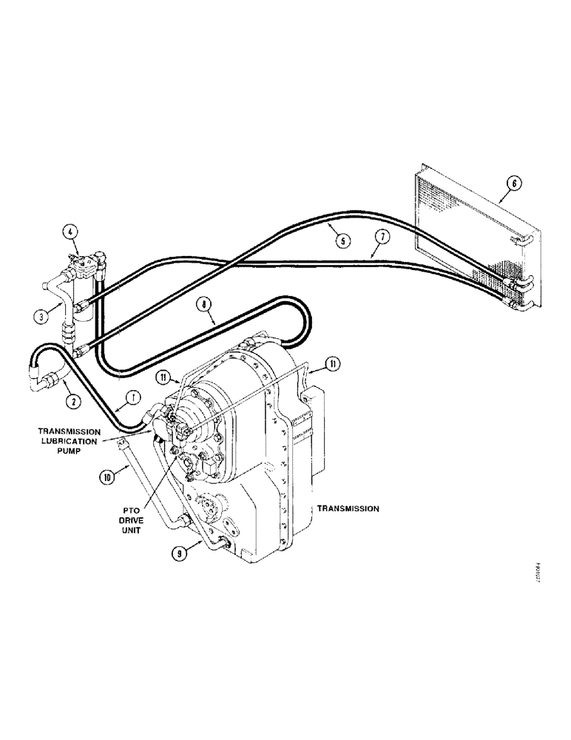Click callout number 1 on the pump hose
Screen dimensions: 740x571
[x=133, y=398]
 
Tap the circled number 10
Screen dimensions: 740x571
[x=107, y=477]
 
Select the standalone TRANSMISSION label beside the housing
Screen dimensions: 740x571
[x=348, y=509]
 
